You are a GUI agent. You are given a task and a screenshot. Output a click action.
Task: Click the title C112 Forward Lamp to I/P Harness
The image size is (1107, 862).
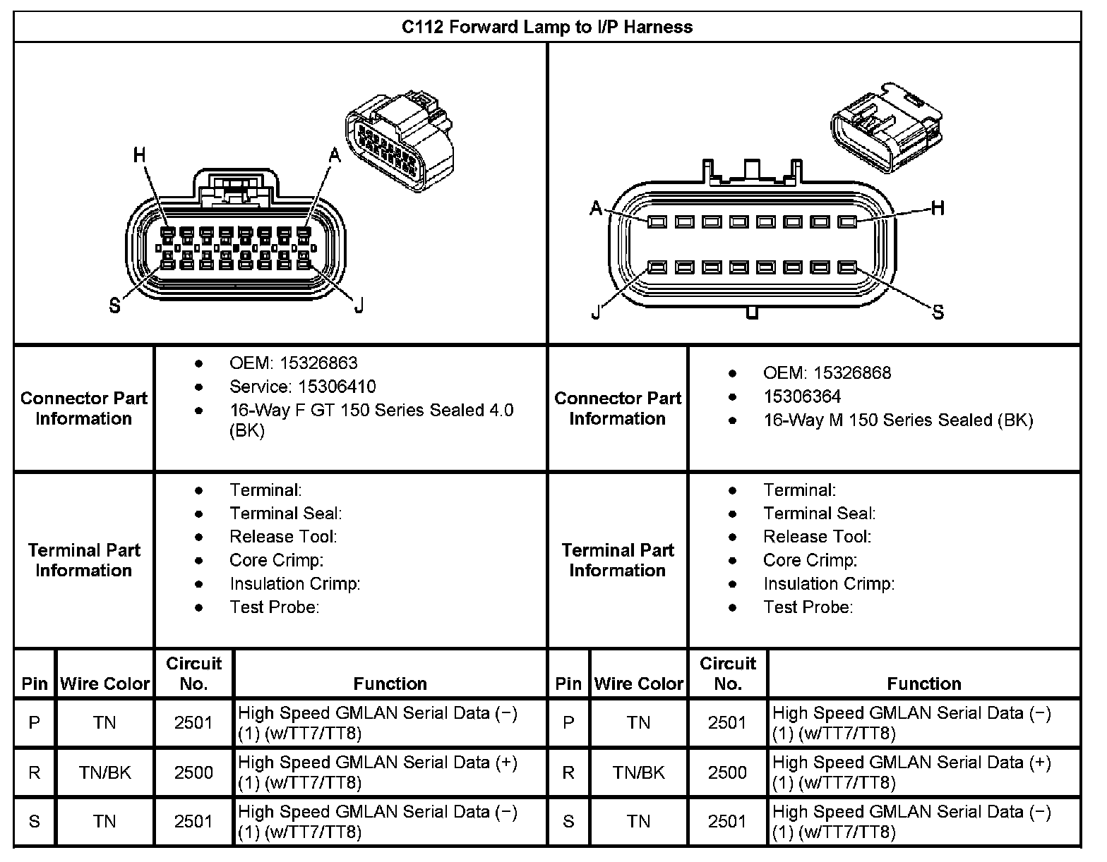(547, 27)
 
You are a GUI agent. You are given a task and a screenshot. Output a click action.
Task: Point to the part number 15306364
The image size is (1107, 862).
(802, 396)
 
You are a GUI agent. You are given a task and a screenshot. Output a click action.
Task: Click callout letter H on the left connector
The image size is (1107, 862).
(140, 154)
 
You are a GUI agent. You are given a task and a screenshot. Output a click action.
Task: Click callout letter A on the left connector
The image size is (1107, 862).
(334, 155)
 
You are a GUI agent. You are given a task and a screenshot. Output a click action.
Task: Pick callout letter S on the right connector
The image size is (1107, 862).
(938, 312)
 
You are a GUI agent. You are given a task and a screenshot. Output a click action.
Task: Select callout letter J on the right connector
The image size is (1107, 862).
(597, 312)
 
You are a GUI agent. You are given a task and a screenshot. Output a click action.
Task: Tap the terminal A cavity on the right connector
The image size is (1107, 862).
(657, 221)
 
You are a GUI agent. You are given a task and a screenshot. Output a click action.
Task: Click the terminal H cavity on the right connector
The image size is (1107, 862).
(847, 221)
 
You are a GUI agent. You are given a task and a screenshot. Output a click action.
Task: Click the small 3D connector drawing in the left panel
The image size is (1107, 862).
(399, 141)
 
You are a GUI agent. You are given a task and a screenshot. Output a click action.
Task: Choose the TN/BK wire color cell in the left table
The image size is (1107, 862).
(104, 772)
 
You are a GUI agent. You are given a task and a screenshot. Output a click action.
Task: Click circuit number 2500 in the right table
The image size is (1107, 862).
(727, 772)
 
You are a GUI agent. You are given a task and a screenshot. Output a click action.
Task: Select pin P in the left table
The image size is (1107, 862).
(34, 723)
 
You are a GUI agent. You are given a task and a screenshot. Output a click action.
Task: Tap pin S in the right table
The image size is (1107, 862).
(568, 822)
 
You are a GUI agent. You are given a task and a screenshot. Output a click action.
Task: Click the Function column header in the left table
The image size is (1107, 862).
(390, 684)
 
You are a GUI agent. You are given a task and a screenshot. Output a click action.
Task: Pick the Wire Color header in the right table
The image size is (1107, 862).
(639, 684)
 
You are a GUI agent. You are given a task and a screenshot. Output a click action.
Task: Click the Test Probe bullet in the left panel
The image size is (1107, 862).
(274, 607)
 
